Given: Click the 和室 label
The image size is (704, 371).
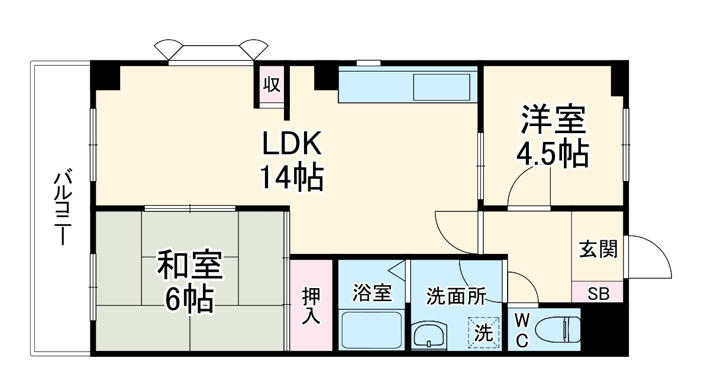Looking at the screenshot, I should point(189,267).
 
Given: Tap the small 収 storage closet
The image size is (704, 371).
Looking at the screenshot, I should point(271,85).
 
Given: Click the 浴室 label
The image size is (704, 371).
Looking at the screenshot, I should point(372,293).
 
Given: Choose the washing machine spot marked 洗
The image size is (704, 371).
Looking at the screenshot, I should point(484,333).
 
